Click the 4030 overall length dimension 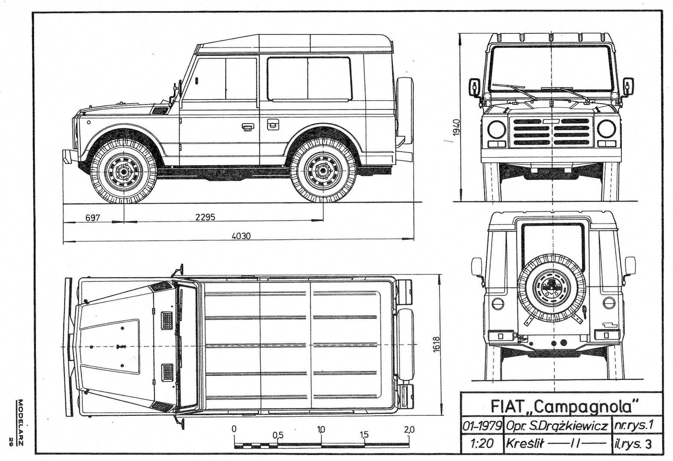pos(241,236)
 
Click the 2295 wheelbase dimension pos(205,217)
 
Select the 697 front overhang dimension pos(93,218)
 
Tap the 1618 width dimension pos(437,344)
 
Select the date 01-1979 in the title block pos(482,426)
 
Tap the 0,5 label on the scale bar pos(278,435)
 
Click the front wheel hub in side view pos(123,172)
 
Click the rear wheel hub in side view pos(323,171)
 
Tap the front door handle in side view pos(247,127)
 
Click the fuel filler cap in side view pos(273,124)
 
